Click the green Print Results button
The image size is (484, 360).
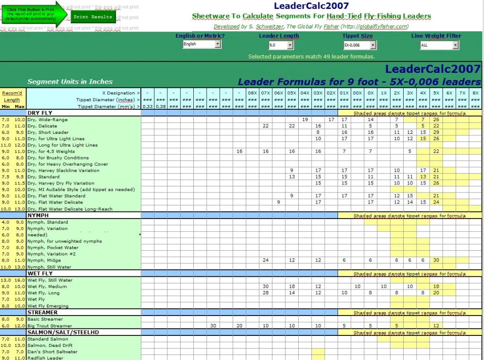[93, 17]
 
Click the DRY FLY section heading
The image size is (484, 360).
[40, 113]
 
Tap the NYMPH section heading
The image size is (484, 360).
[38, 215]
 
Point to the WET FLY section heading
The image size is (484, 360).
[40, 273]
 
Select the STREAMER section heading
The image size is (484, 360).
[42, 312]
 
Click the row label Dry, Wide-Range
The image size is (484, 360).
[47, 120]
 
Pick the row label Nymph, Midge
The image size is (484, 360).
[44, 260]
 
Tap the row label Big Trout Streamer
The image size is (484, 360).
[50, 325]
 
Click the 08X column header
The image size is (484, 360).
[252, 93]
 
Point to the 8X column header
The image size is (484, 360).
[475, 93]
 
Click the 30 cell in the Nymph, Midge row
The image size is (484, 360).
[436, 260]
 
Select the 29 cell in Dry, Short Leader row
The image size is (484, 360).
[436, 132]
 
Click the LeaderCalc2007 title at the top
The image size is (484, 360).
[311, 6]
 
